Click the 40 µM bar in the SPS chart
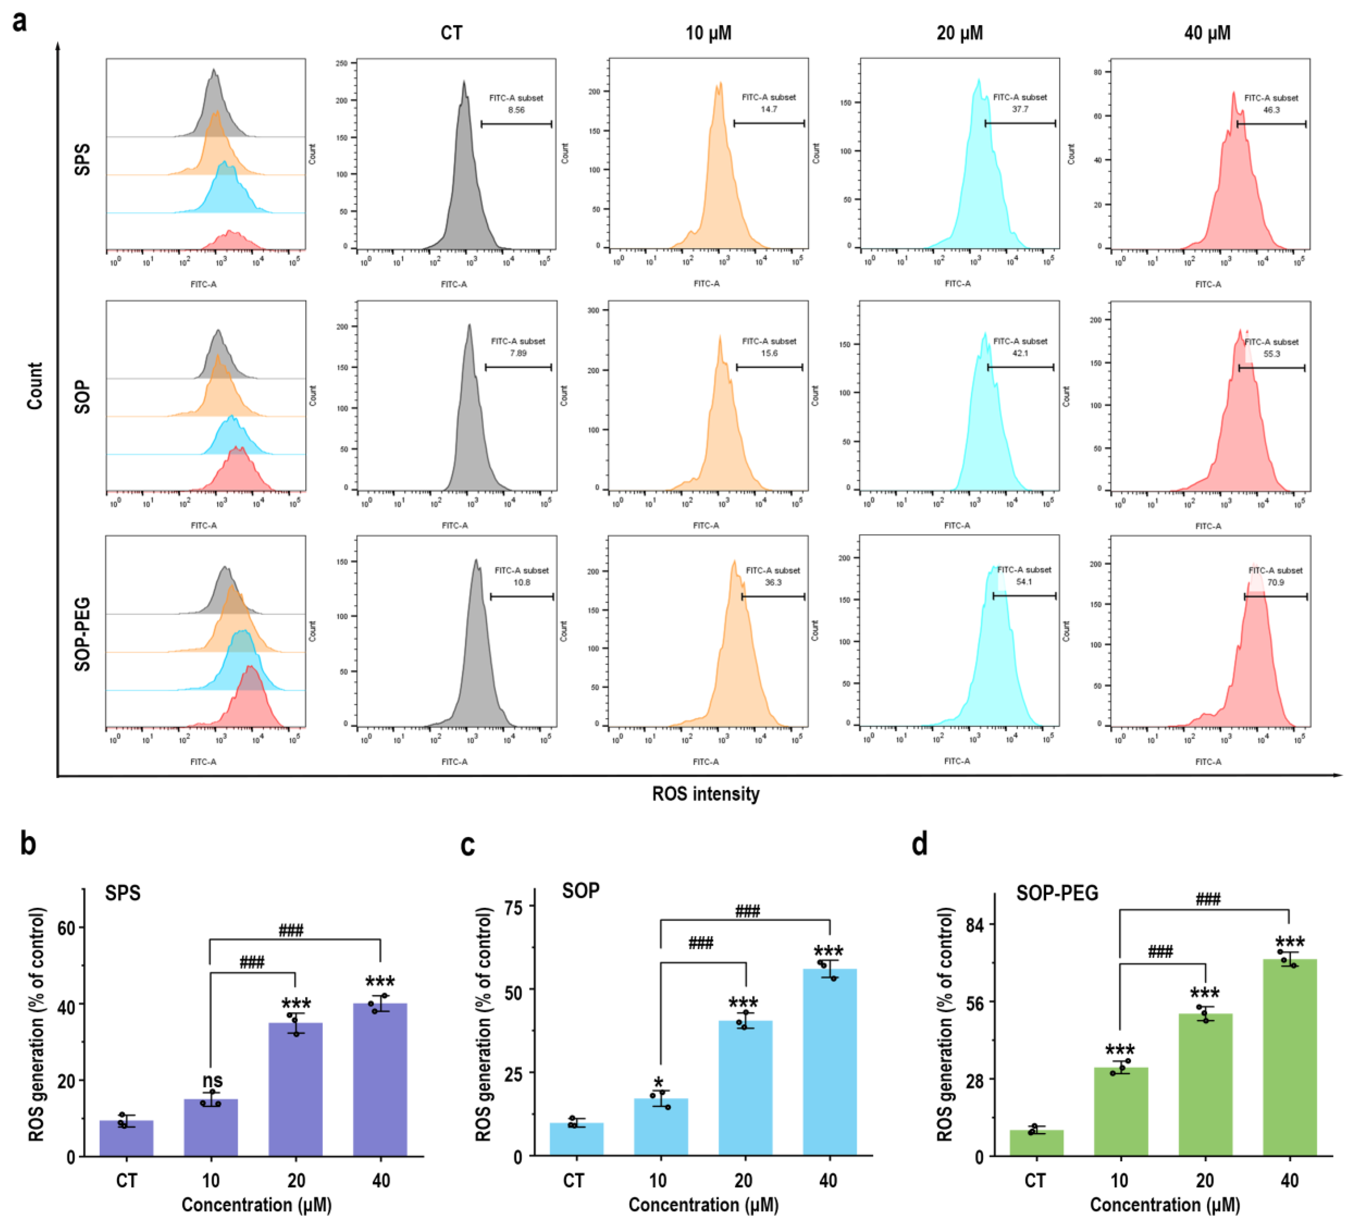[380, 1079]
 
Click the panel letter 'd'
[920, 844]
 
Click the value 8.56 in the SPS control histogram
[516, 110]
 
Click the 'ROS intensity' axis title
[706, 794]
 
